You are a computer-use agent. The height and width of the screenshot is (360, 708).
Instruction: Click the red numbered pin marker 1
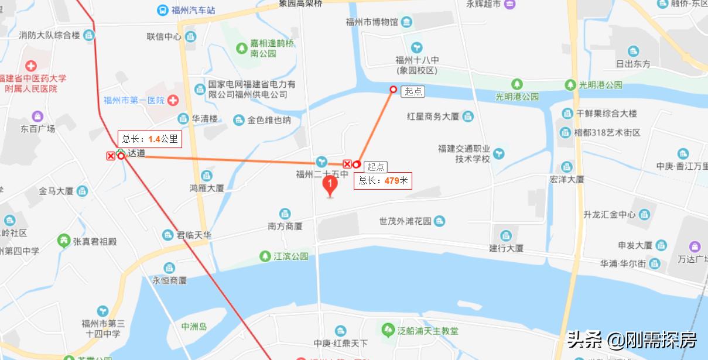tap(330, 186)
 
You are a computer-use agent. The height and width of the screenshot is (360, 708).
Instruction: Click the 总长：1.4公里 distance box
tap(149, 139)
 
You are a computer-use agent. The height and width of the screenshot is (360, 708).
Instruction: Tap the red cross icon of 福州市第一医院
tap(173, 100)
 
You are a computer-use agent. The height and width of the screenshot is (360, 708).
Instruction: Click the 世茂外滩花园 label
tap(405, 221)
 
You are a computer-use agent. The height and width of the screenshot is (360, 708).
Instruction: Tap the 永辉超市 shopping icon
tap(509, 4)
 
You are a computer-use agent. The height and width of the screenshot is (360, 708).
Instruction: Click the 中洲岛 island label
tap(194, 327)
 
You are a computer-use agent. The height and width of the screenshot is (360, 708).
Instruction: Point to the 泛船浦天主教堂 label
tap(427, 331)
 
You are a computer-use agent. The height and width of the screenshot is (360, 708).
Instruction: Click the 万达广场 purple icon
tap(695, 246)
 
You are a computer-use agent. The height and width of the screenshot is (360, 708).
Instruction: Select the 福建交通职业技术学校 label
tap(464, 154)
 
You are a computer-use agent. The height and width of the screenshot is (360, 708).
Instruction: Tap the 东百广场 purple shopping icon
tap(38, 116)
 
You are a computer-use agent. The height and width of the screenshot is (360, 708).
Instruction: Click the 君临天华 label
tap(194, 235)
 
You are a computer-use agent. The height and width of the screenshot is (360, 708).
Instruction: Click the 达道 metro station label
tap(136, 153)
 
